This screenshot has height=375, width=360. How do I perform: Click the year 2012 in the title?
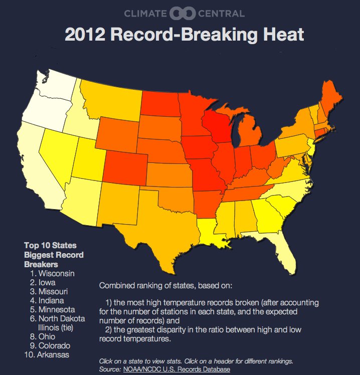coord(84,35)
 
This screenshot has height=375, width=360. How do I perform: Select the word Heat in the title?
coord(283,35)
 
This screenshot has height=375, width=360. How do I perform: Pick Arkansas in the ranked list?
coord(54,354)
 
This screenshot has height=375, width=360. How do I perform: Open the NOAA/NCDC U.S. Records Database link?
coord(176,368)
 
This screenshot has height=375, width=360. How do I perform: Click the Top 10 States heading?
coord(50,246)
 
